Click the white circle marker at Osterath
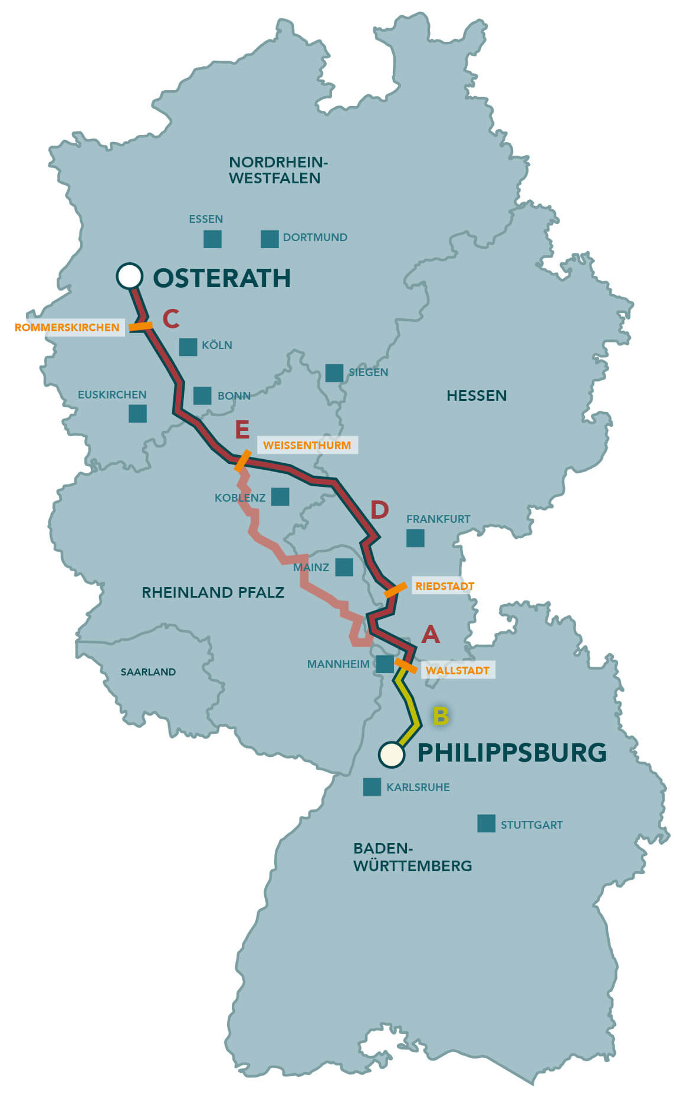(130, 275)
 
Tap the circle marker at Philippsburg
(392, 754)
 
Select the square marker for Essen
(212, 239)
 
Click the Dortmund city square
(270, 239)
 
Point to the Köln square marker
(188, 347)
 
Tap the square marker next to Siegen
(334, 373)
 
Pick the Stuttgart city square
(486, 823)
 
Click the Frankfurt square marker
(415, 538)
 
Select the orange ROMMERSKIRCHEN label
(67, 327)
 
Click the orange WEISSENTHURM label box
(307, 445)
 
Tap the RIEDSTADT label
(445, 586)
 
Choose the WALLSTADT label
(458, 670)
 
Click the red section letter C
(171, 318)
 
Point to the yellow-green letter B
(441, 716)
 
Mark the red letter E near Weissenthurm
(242, 430)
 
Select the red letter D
(379, 510)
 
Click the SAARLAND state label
(148, 672)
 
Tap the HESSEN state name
(477, 396)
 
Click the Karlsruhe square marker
(372, 786)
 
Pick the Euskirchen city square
(137, 413)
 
